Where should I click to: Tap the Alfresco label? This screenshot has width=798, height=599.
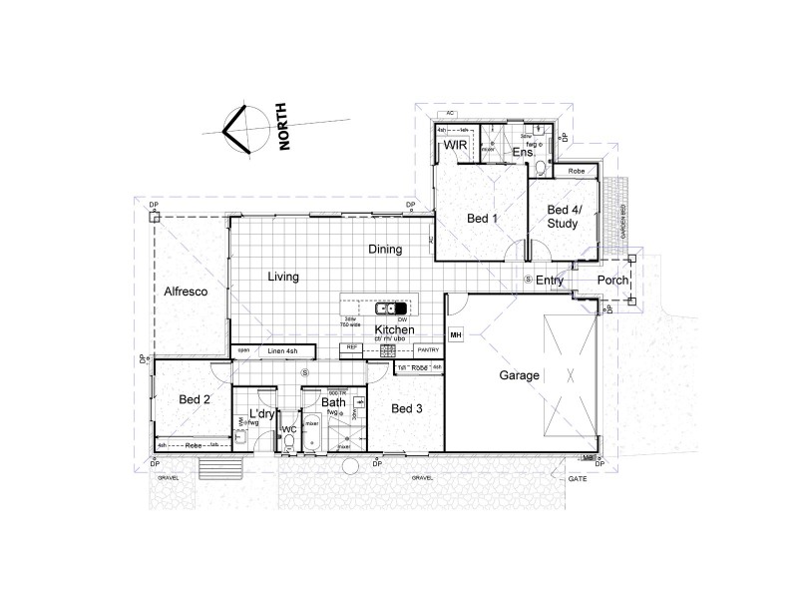click(186, 292)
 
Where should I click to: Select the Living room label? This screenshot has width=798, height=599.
click(283, 277)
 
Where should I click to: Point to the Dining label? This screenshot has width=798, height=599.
click(385, 250)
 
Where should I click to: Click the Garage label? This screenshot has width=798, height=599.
click(520, 375)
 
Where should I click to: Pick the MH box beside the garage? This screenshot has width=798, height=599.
click(456, 335)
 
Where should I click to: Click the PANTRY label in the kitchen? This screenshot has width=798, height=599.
click(428, 350)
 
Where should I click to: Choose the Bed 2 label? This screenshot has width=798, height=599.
click(195, 399)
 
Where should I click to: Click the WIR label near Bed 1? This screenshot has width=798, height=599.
click(456, 146)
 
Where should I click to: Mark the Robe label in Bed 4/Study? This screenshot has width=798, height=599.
click(576, 172)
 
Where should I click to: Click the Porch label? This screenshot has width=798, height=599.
click(612, 282)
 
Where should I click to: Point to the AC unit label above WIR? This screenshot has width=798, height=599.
click(451, 115)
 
